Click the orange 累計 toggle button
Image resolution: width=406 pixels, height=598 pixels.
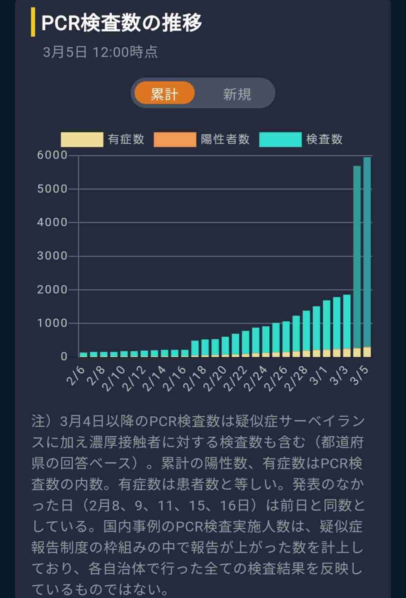coord(164,93)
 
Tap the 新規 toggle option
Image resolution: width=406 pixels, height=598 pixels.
coord(237,94)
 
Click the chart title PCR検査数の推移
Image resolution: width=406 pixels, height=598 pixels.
coord(122,23)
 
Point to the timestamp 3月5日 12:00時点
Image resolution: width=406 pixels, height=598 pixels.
coord(100,52)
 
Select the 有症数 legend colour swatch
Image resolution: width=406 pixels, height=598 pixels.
coord(82,140)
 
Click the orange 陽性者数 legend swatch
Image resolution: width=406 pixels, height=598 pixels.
coord(175,140)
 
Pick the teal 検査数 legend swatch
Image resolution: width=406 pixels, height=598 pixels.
coord(280,140)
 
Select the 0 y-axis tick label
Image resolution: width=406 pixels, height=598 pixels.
coord(64,357)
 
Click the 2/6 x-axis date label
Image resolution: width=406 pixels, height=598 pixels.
coord(76,376)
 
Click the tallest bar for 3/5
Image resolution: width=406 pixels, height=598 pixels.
coord(367,256)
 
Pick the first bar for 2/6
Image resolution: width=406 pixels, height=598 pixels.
coord(84,354)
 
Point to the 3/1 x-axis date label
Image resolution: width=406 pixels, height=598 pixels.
coord(319,376)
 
